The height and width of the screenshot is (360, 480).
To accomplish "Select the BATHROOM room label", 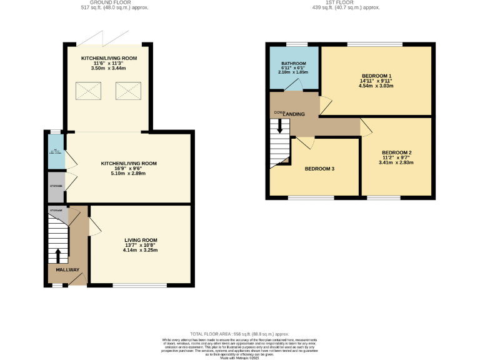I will click(293, 64).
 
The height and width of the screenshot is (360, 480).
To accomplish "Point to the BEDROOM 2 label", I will click(396, 152).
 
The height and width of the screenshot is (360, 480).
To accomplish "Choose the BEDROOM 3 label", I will click(320, 169).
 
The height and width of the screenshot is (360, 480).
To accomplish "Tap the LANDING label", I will click(294, 114).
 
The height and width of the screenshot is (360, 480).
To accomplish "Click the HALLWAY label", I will click(67, 270).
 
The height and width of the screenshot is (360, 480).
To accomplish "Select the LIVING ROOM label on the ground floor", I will click(140, 240).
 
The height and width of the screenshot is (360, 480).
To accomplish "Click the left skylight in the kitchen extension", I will click(87, 92).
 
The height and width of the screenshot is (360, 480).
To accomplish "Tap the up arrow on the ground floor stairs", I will click(58, 256).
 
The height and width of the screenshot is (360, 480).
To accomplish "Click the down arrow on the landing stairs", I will click(279, 126).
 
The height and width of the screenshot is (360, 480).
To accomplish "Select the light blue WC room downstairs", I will click(56, 151).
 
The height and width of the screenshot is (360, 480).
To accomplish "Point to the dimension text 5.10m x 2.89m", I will click(129, 173).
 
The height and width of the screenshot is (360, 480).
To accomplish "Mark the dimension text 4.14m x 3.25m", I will click(140, 251).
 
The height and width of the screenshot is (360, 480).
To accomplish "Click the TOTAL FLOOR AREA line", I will click(240, 334).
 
